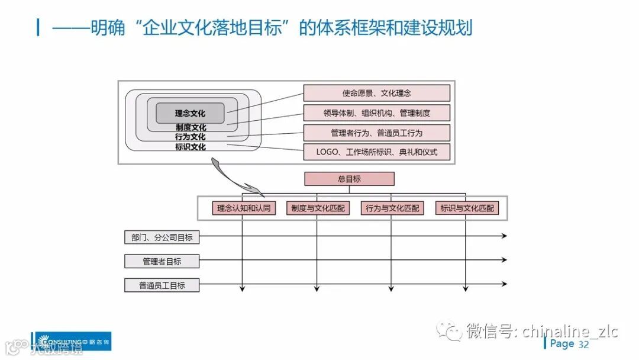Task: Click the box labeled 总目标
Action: click(349, 179)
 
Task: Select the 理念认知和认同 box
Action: click(243, 208)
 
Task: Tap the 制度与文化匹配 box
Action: click(318, 208)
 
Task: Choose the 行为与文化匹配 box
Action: click(392, 208)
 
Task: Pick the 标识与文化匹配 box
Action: click(466, 208)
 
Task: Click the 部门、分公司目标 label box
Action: click(162, 237)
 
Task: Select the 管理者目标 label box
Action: click(162, 261)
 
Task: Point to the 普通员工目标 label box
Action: click(162, 285)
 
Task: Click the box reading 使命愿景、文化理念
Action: click(376, 93)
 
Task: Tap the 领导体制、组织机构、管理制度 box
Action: click(376, 112)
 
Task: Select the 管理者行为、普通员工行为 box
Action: click(376, 133)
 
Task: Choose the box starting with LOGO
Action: click(376, 152)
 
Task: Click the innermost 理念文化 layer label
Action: click(190, 113)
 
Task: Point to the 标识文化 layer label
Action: click(191, 147)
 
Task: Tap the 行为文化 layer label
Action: click(191, 137)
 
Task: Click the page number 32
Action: click(583, 345)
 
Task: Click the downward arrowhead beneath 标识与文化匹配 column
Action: click(466, 289)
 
